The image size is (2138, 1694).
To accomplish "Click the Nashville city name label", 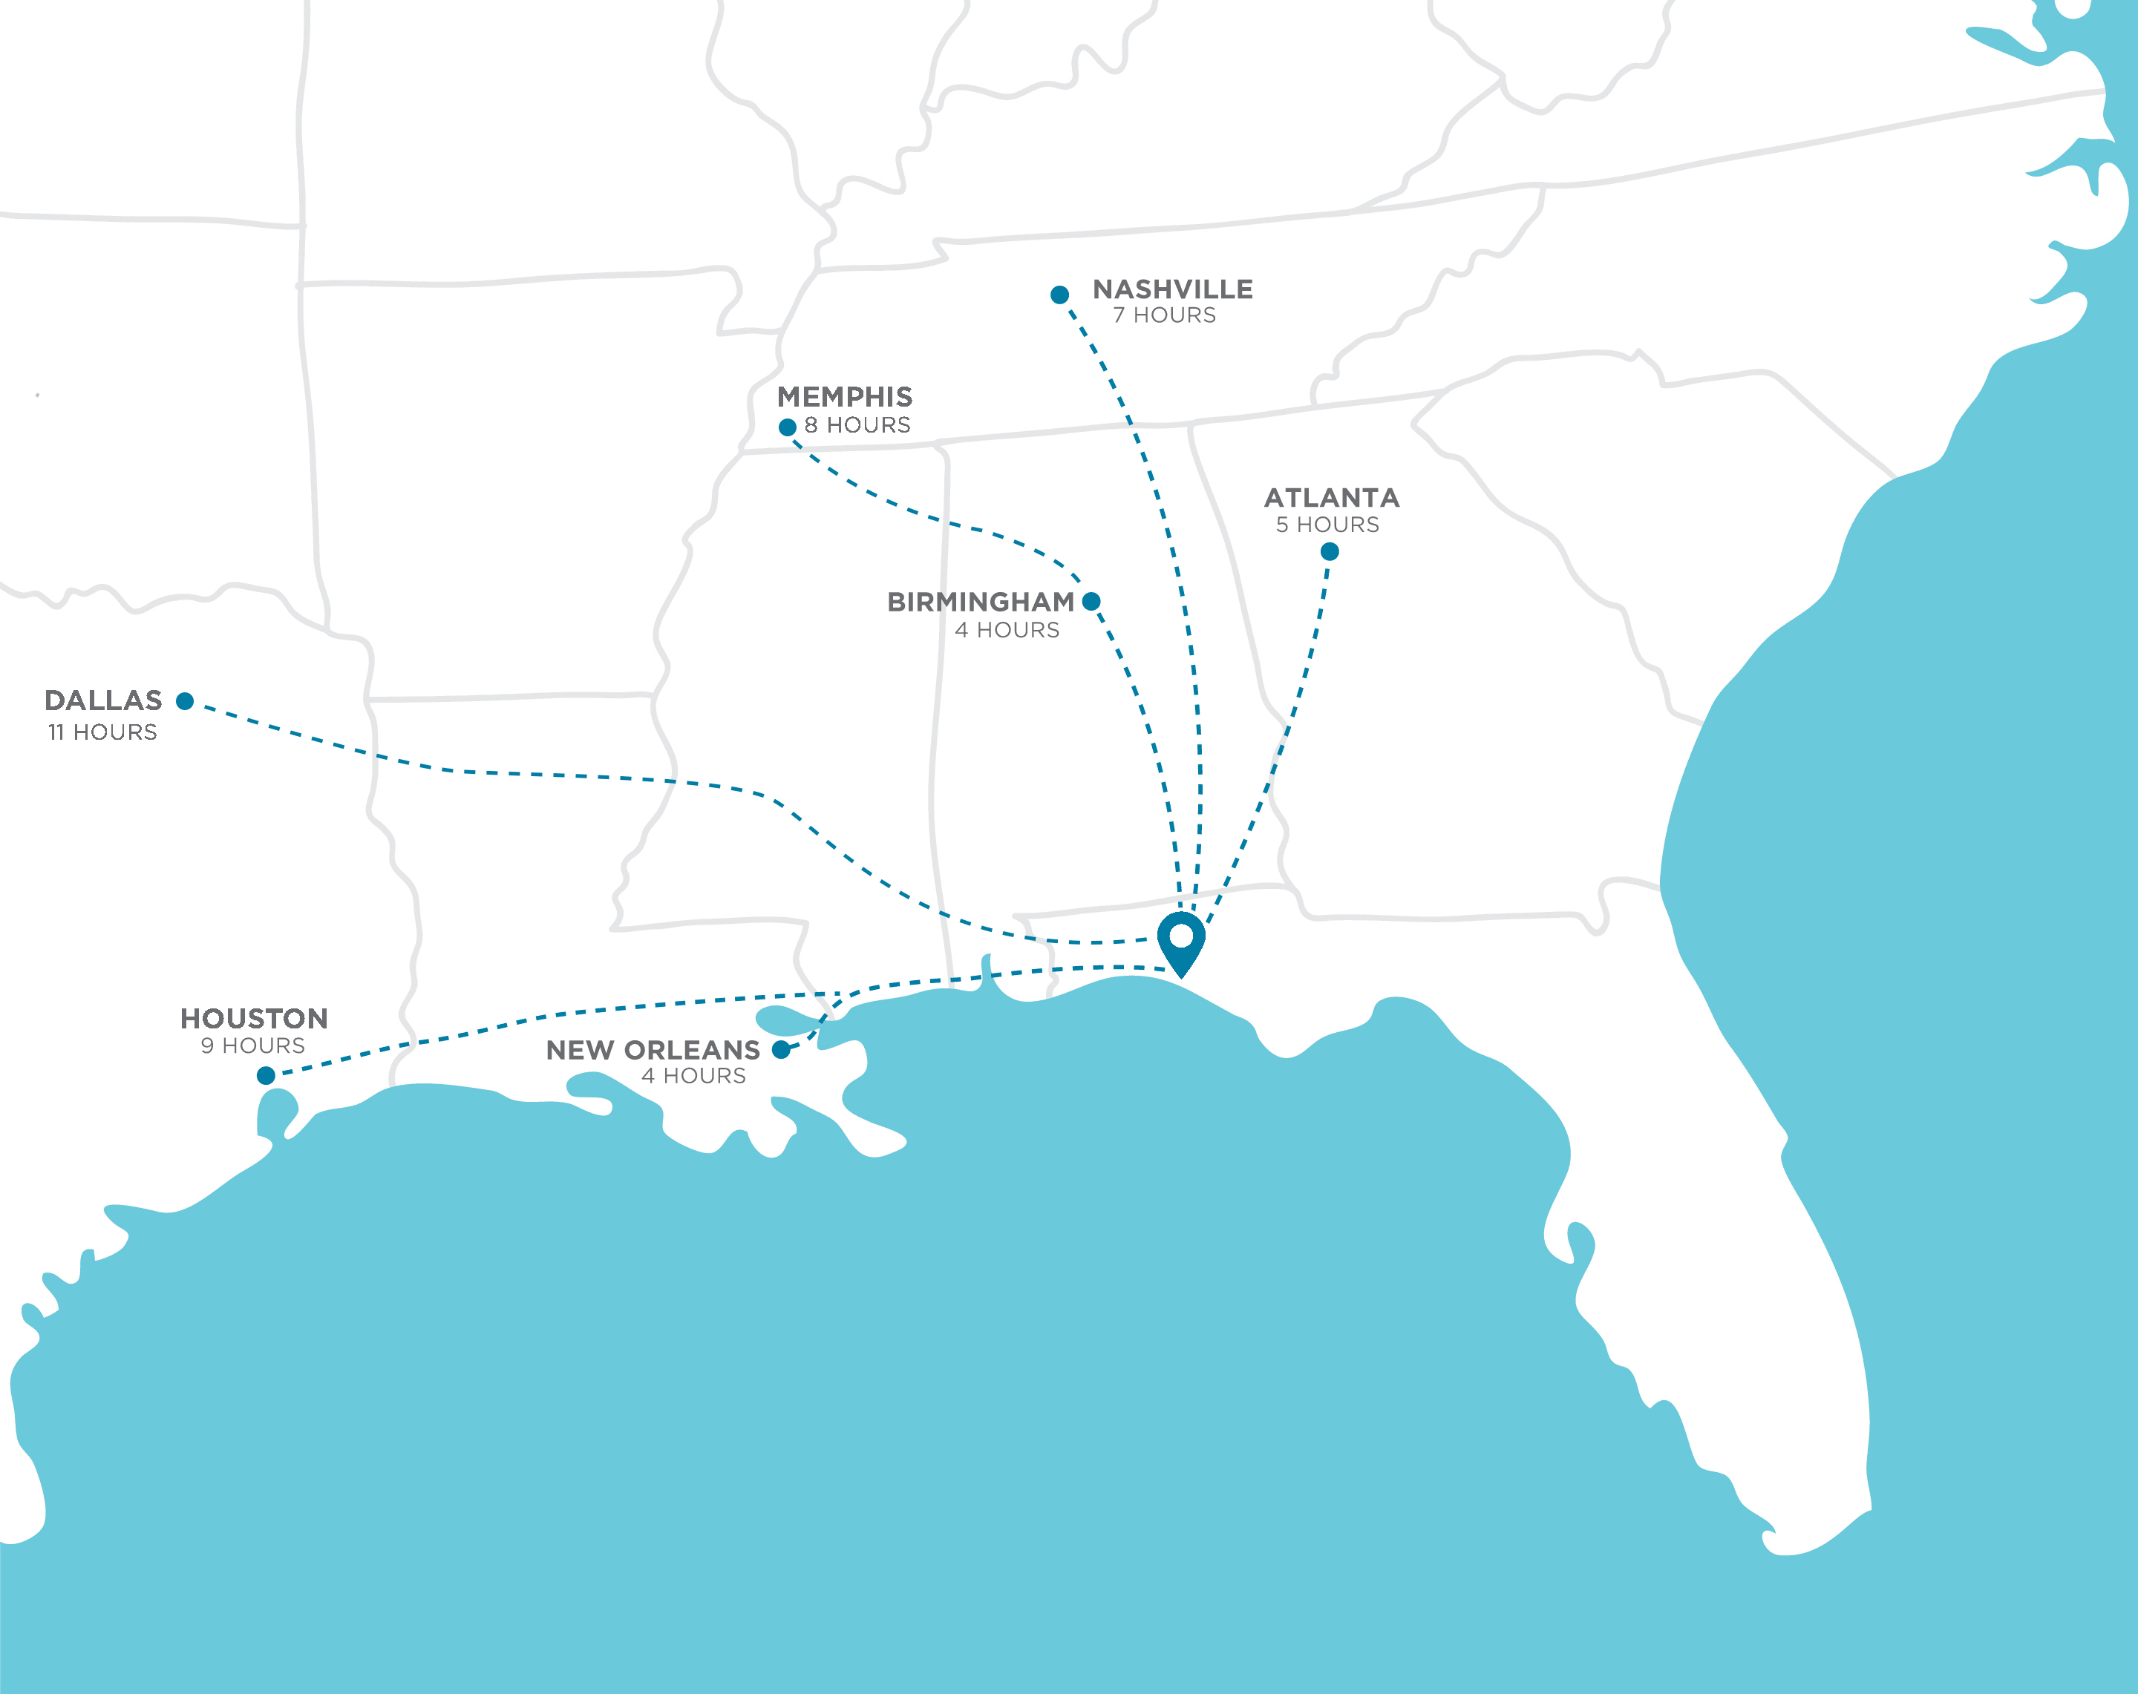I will pos(1172,289).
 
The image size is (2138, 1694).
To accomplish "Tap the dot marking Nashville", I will pos(1059,295).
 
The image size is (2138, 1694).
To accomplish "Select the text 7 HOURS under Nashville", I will pos(1164,315).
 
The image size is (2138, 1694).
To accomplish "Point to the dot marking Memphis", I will pos(788,427).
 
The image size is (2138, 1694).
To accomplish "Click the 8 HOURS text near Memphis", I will pos(857,425).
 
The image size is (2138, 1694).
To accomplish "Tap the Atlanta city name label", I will pos(1331,498).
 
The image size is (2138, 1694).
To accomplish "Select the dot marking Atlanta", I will pos(1330,551).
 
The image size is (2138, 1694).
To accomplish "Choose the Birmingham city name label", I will pos(980,602).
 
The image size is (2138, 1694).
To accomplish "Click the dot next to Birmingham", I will pos(1091,601).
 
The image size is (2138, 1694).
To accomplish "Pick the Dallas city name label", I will pos(103,700).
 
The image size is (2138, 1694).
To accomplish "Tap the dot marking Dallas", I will pos(184,700).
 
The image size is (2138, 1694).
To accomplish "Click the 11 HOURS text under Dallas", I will pos(102,732).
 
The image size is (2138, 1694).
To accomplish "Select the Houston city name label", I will pos(254,1018).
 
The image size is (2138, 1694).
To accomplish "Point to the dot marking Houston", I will pos(266,1075).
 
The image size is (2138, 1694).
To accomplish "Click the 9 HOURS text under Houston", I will pos(253,1045).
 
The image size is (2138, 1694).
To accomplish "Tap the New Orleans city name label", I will pos(653,1050).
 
